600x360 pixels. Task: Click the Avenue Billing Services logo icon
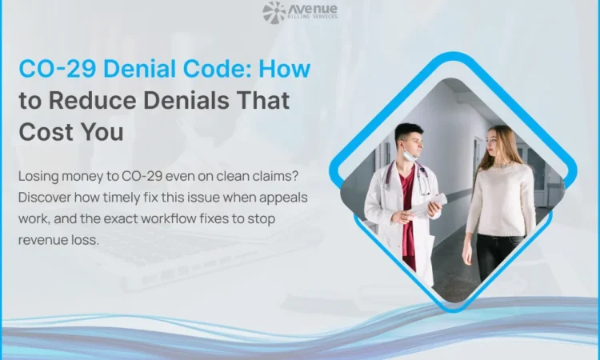(274, 12)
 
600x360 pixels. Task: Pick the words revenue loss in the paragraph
(60, 239)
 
